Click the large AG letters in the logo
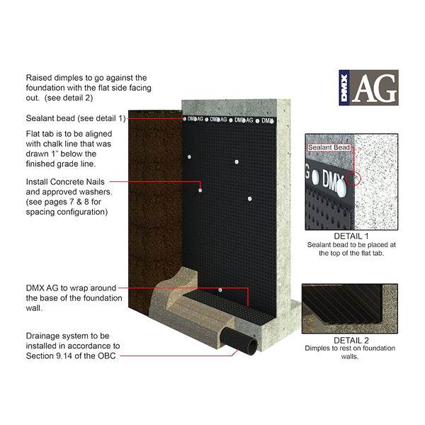click(375, 88)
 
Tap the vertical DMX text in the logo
click(344, 88)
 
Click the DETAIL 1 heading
click(351, 236)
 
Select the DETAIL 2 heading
click(351, 340)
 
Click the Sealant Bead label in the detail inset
click(329, 147)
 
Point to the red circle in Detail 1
click(353, 178)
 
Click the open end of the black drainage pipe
click(252, 348)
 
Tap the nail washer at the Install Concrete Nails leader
click(200, 191)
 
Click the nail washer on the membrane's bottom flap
click(220, 290)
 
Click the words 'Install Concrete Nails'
click(65, 181)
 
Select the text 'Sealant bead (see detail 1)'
click(76, 118)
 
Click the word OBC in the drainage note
click(107, 356)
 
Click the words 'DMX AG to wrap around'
click(71, 288)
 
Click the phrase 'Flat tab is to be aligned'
click(69, 134)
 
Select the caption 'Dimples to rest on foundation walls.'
click(350, 352)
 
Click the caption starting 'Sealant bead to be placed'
click(351, 249)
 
